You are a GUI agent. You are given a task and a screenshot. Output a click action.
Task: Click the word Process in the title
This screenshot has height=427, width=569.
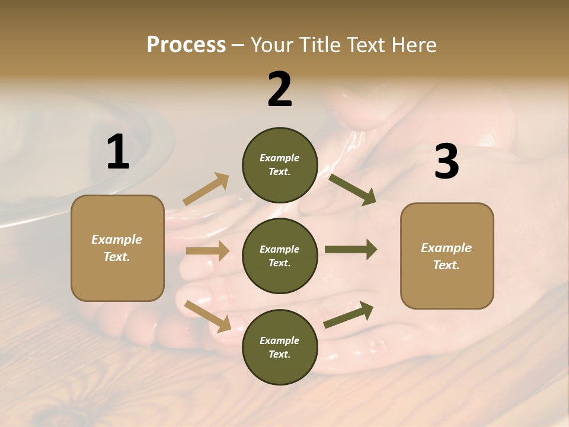pos(186,45)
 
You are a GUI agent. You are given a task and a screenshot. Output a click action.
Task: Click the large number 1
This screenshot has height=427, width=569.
pos(118,152)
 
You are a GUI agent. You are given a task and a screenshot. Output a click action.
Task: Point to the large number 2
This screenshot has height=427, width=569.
pos(280,90)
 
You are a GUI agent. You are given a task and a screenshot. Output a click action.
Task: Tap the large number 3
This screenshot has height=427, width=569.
pos(446,162)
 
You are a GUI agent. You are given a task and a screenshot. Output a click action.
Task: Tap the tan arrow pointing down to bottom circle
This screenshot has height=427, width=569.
pos(208,316)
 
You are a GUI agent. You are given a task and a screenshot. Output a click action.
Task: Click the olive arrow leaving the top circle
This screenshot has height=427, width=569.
pos(352,190)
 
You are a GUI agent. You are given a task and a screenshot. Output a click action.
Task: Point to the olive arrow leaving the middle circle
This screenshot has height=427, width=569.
pos(350,249)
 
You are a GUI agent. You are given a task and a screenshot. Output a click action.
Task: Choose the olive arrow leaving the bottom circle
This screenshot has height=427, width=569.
pos(349,315)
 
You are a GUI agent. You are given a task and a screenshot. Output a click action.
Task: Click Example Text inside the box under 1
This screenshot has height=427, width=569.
pos(117,248)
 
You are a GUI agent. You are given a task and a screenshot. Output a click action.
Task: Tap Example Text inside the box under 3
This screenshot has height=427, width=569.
pos(446,256)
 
